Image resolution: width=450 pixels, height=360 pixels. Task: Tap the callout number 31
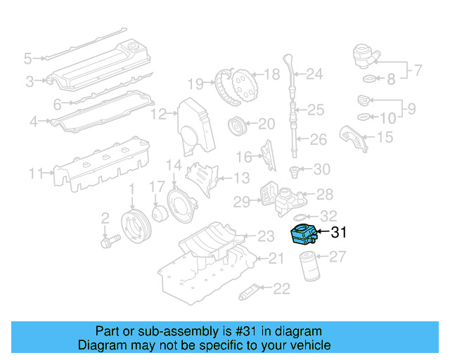click(338, 231)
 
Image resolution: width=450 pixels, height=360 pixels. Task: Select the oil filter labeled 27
click(310, 266)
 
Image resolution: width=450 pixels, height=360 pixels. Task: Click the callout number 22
click(282, 288)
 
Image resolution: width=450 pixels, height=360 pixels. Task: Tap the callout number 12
click(159, 113)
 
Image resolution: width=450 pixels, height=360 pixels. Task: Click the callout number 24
click(314, 73)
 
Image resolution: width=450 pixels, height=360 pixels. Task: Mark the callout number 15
click(385, 138)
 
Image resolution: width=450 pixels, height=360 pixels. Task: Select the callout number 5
click(28, 58)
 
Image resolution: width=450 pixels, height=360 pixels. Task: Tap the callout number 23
click(266, 236)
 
